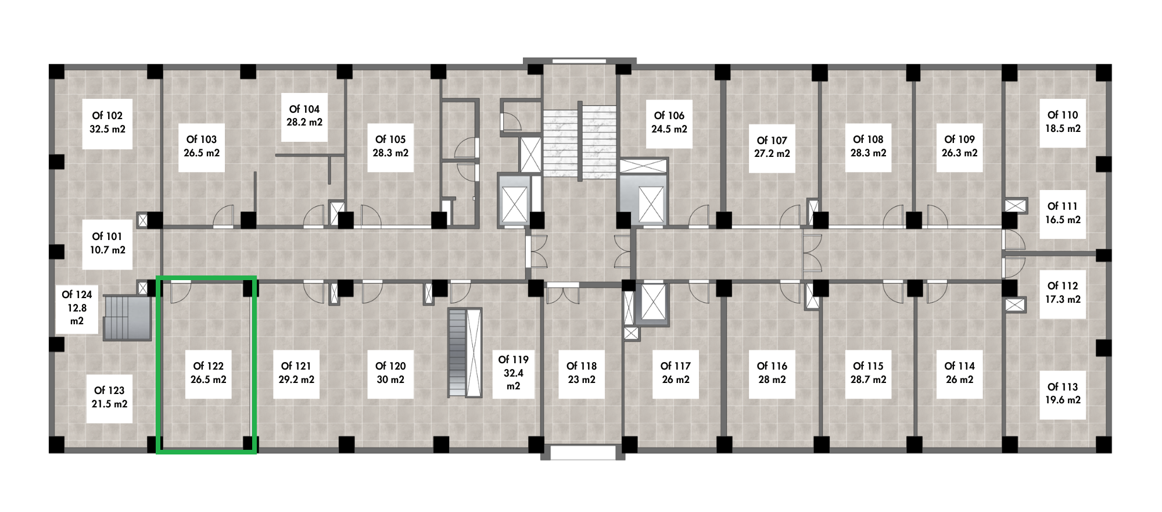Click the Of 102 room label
pos(107,116)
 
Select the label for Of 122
pos(208,366)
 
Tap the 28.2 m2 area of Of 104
pos(304,122)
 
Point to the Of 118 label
pos(582,366)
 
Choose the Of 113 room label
pos(1063,387)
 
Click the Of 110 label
pos(1063,115)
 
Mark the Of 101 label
pos(107,237)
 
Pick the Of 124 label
pos(77,295)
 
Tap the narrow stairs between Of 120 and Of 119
pos(465,353)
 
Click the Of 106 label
pos(669,116)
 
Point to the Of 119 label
pos(514,360)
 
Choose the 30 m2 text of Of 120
pos(390,379)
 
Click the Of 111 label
pos(1063,206)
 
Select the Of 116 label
pos(772,366)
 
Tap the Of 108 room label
pos(868,139)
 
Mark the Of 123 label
pos(109,391)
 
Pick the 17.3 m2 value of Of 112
pos(1063,299)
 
